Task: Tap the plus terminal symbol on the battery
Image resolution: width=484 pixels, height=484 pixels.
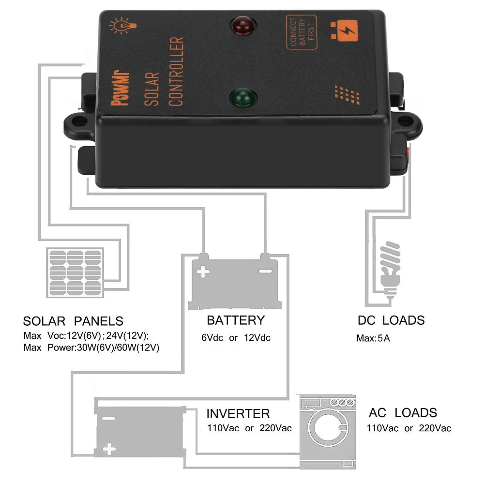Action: [204, 271]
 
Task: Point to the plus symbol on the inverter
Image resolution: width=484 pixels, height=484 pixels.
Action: [110, 451]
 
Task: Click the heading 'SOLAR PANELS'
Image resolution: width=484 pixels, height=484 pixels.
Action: [73, 321]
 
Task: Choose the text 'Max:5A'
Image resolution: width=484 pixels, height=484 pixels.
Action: [373, 338]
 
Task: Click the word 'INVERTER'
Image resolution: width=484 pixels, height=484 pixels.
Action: [238, 414]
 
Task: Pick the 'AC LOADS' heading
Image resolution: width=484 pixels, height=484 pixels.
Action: [403, 413]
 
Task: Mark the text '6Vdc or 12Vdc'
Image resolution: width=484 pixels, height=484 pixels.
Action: [236, 338]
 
